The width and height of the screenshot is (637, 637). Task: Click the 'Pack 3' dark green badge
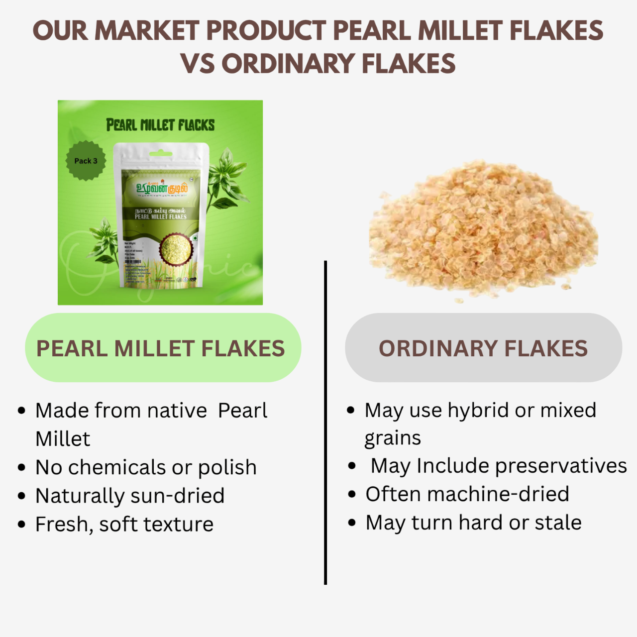point(86,161)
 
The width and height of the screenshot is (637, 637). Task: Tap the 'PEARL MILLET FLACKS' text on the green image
point(160,125)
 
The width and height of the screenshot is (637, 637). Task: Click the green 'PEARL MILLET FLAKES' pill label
point(163,348)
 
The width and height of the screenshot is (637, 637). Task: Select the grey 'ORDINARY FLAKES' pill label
point(483,348)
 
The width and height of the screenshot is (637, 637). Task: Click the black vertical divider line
point(325,423)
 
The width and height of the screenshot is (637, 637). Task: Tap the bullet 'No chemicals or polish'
point(146,467)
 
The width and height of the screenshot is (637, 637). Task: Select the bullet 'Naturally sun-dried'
point(130,496)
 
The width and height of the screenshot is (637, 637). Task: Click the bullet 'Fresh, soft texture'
point(124,524)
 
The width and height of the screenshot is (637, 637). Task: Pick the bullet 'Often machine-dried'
point(467,494)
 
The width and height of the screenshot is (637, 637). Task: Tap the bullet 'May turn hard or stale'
point(473,523)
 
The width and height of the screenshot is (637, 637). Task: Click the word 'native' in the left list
point(177,411)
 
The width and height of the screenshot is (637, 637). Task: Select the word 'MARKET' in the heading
point(147,31)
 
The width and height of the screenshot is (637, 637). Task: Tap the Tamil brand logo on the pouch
point(162,189)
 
